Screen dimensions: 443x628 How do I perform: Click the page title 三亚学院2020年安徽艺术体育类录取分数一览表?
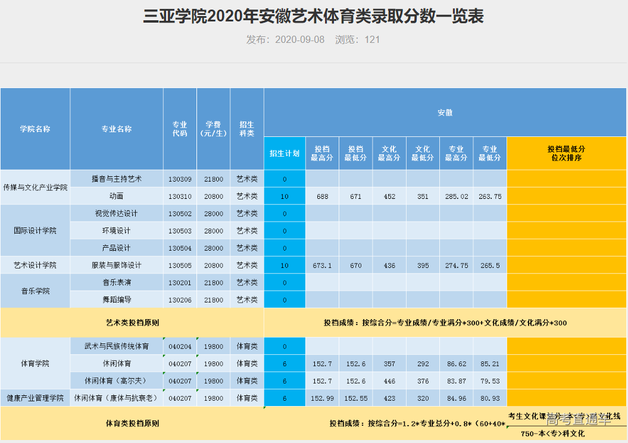(x=313, y=16)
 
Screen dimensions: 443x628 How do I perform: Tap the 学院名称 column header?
(x=35, y=129)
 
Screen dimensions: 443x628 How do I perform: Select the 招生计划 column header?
(x=285, y=153)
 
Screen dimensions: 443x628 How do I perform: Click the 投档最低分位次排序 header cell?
(x=566, y=153)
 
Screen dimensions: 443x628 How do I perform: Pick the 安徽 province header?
(x=445, y=113)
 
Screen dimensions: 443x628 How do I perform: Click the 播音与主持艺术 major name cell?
(x=117, y=179)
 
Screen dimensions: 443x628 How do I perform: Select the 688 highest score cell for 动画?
(x=322, y=196)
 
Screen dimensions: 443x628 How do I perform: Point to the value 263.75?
(x=490, y=196)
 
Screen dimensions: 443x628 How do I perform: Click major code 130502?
(x=180, y=213)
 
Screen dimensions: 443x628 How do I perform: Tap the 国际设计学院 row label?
(x=35, y=230)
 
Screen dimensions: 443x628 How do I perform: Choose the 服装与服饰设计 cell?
(x=117, y=265)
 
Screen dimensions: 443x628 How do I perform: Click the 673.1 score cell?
(x=322, y=265)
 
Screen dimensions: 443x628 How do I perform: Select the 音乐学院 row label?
(x=35, y=291)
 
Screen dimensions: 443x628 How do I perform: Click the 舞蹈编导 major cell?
(x=117, y=300)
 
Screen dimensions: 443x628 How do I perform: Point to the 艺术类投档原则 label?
(x=132, y=323)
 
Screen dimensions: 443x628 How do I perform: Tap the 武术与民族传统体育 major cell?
(x=117, y=346)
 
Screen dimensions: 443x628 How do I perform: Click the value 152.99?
(x=322, y=398)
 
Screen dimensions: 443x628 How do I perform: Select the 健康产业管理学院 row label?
(x=35, y=398)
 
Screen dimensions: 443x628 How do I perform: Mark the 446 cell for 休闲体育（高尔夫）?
(x=389, y=380)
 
